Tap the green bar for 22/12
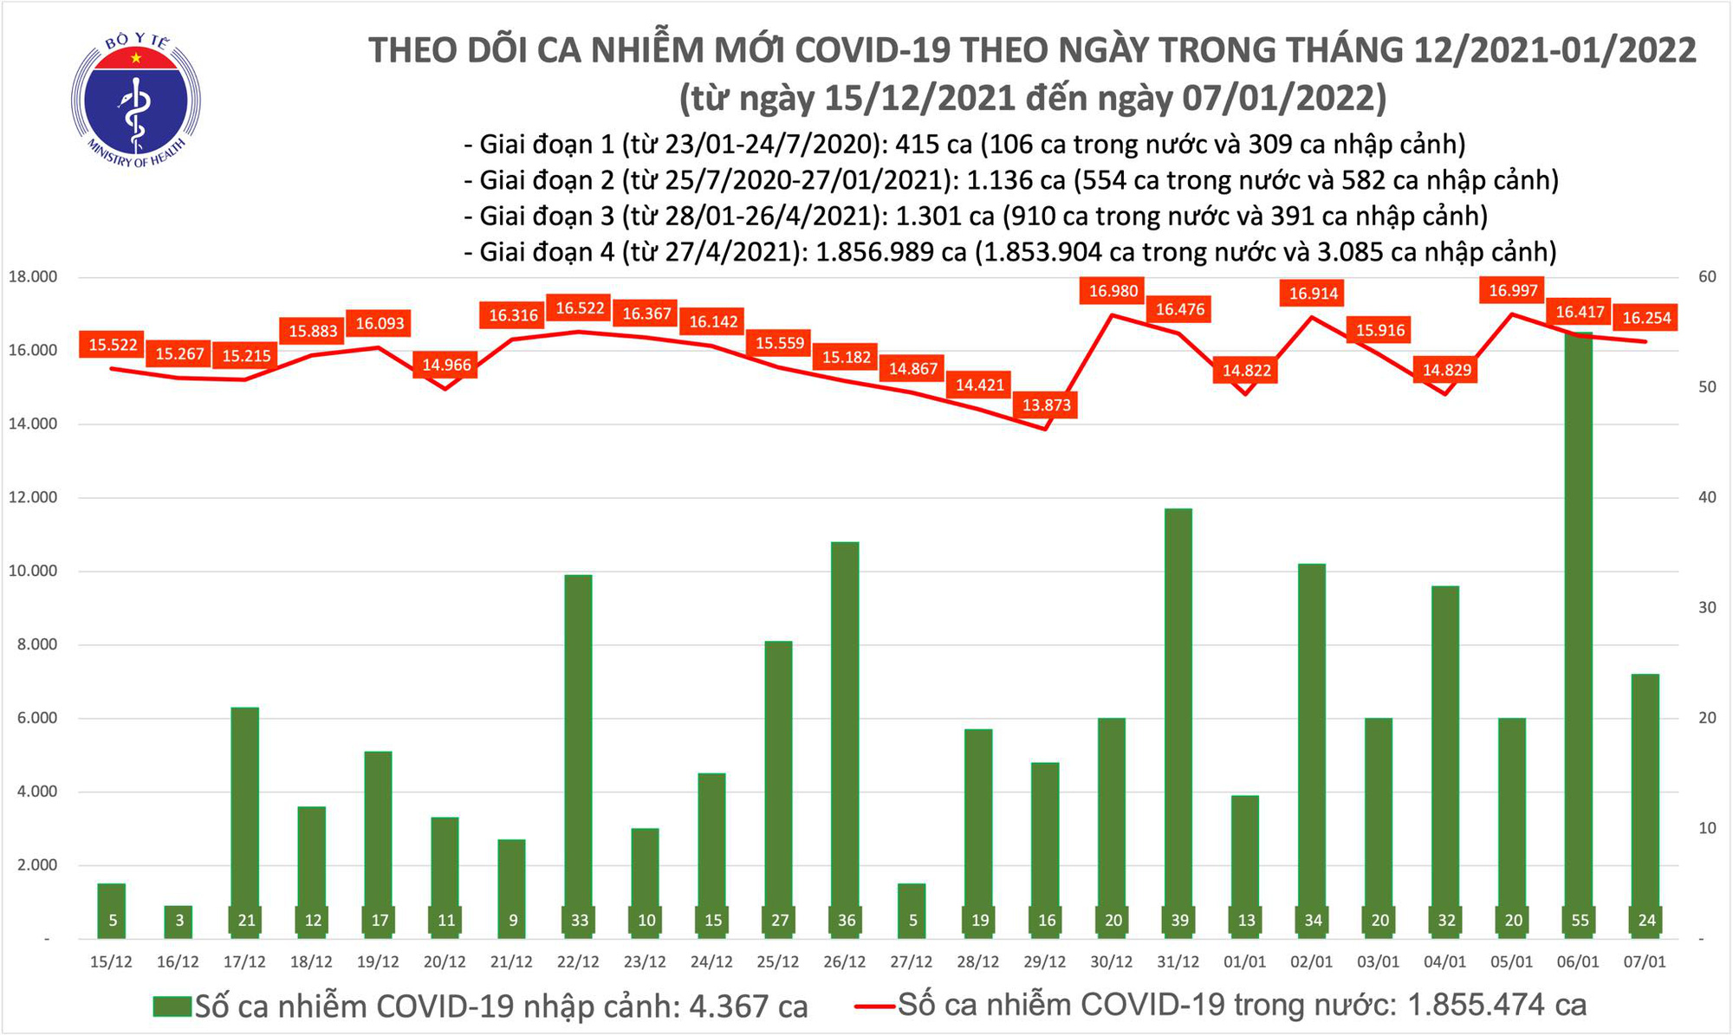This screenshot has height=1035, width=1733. (579, 754)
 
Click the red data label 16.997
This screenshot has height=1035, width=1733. (1513, 291)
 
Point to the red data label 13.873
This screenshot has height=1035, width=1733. (1047, 404)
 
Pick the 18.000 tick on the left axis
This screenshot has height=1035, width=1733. (32, 277)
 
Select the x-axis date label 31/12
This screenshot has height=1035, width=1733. (1178, 962)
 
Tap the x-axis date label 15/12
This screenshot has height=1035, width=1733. (111, 962)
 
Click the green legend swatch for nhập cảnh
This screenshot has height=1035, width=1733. (172, 1006)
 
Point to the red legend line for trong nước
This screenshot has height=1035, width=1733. (874, 1006)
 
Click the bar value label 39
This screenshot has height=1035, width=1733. (1179, 920)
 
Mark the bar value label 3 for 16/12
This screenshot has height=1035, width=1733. (179, 920)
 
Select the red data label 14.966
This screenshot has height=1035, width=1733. (446, 365)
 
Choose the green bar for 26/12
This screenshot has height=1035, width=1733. (846, 736)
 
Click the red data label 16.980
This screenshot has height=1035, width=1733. (1113, 291)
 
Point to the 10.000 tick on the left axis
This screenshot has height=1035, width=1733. (32, 572)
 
